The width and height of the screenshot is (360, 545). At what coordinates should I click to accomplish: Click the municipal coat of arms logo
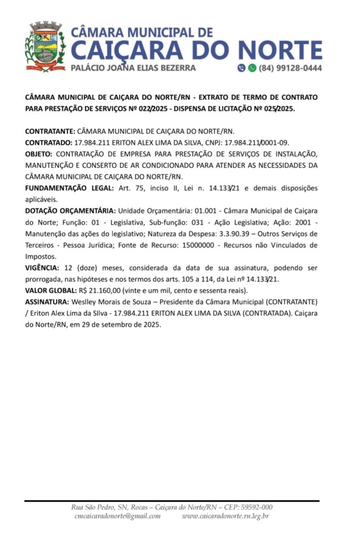[45, 47]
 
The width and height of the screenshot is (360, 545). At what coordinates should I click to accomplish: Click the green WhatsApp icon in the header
[252, 68]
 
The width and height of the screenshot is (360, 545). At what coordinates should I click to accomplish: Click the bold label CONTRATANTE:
[51, 131]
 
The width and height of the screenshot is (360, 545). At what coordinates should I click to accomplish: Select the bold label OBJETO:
[39, 154]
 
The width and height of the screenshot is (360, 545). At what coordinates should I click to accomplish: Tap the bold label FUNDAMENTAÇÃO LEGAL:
[69, 188]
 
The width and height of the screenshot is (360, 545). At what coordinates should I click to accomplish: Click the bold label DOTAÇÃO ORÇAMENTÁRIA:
[70, 211]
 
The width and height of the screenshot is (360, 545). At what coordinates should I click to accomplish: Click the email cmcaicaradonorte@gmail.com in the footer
[118, 516]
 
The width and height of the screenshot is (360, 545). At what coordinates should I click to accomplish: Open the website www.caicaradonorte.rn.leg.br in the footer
[225, 516]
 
